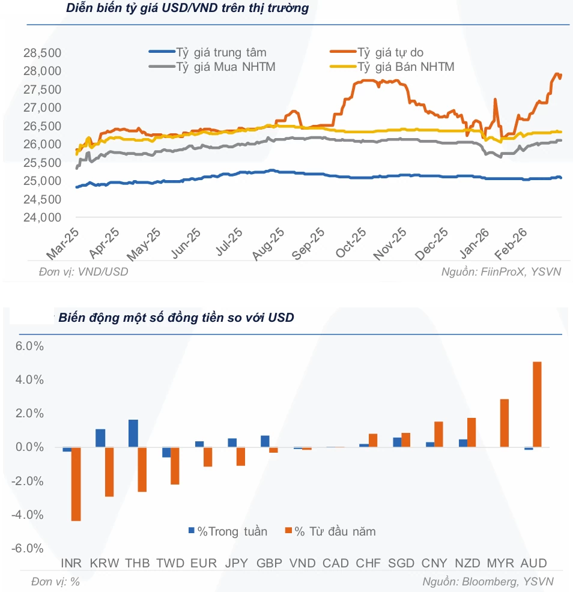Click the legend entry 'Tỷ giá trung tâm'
point(208,52)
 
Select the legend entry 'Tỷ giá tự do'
point(377,52)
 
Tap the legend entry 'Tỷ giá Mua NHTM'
point(212,67)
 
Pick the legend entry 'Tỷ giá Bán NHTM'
point(392,67)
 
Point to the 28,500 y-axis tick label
point(42,53)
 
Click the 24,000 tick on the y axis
point(42,217)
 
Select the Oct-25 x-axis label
point(351,243)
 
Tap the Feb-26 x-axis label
point(511,244)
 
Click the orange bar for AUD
point(537,404)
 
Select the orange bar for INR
point(76,484)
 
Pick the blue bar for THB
point(133,433)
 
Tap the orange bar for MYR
point(505,423)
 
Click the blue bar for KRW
point(100,438)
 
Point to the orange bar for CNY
point(438,434)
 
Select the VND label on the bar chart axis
point(303,563)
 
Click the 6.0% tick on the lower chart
point(29,346)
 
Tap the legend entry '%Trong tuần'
point(228,531)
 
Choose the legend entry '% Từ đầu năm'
point(330,531)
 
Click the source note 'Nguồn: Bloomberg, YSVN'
point(488,582)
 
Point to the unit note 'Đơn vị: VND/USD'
point(83,272)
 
